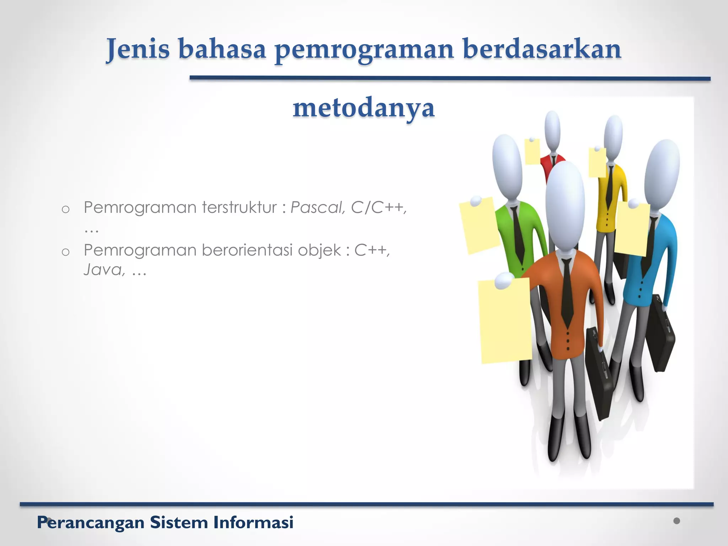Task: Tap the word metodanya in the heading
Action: [363, 108]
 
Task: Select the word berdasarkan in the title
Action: [542, 49]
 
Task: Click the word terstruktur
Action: [240, 207]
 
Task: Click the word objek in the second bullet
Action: [319, 250]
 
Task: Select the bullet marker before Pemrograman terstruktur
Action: [65, 209]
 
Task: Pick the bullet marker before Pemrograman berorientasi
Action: [65, 252]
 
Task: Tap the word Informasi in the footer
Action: [253, 523]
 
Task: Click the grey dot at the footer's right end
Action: [676, 521]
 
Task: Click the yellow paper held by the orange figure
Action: [505, 323]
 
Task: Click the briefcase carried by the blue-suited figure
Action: [660, 334]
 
